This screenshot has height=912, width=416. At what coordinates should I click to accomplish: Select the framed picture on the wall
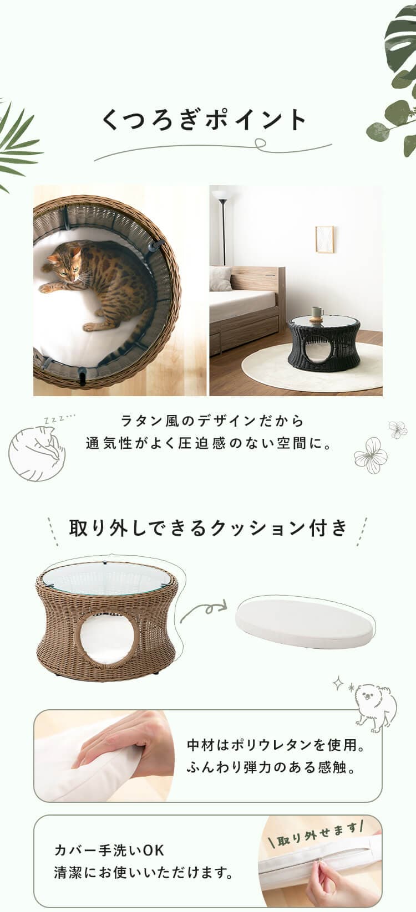(324, 239)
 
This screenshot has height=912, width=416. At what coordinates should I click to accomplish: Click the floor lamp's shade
(220, 195)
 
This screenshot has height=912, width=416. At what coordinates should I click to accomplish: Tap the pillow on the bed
(220, 279)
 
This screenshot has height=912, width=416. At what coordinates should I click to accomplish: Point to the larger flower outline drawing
(371, 457)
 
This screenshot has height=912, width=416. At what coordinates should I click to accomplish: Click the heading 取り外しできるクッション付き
(208, 527)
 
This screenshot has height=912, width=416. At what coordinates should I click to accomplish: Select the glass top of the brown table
(106, 576)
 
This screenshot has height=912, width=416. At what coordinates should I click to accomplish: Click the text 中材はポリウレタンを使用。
(276, 745)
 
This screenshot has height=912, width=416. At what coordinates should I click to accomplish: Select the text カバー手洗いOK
(109, 850)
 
